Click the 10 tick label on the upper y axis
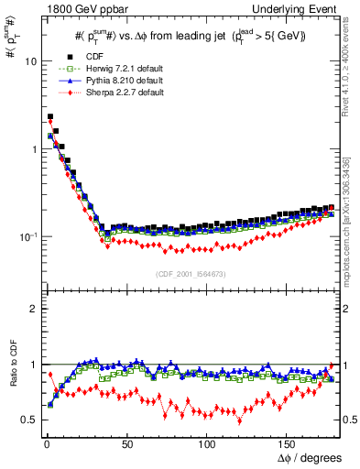coord(29,60)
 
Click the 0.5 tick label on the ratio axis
coord(27,420)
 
